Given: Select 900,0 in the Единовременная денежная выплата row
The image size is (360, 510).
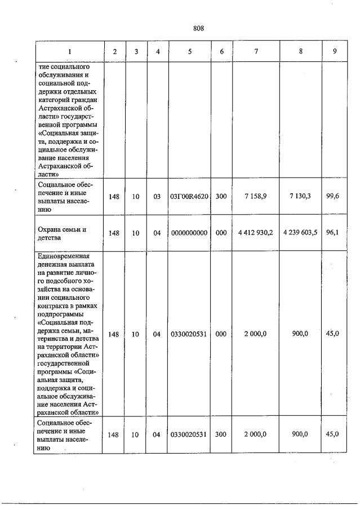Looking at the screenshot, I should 300,334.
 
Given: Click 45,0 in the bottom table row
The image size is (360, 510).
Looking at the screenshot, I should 332,434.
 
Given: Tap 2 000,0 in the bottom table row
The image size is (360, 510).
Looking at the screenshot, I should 256,434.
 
